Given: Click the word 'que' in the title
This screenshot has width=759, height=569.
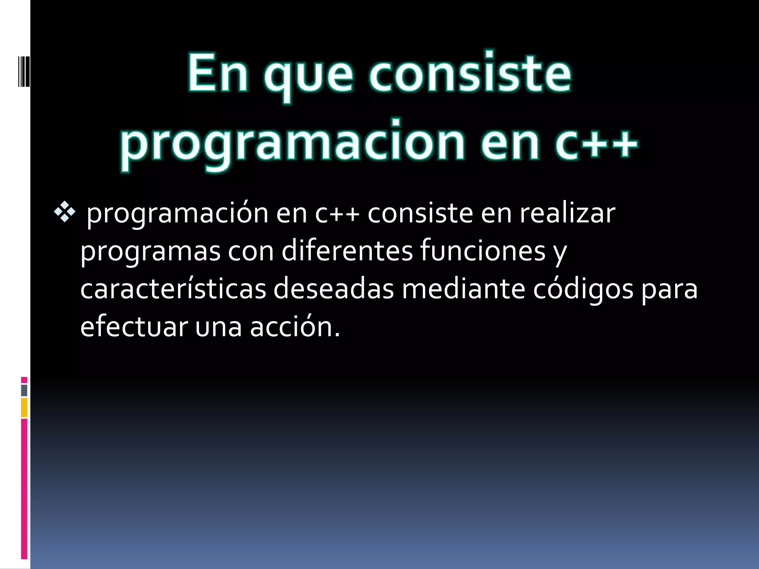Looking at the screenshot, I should (308, 76).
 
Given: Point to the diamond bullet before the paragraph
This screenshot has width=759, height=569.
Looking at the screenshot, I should (64, 213).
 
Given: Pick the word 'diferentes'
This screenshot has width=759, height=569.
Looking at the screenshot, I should (347, 251).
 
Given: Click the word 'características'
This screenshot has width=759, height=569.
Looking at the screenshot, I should (173, 289).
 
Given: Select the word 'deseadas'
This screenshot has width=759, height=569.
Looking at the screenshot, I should (334, 289).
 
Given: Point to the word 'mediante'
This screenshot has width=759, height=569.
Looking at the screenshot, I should (463, 289).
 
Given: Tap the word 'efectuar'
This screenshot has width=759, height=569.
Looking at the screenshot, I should (134, 327).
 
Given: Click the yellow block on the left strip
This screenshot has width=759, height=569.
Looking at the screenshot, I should (24, 407).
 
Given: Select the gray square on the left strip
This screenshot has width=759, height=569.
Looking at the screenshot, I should (24, 390).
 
